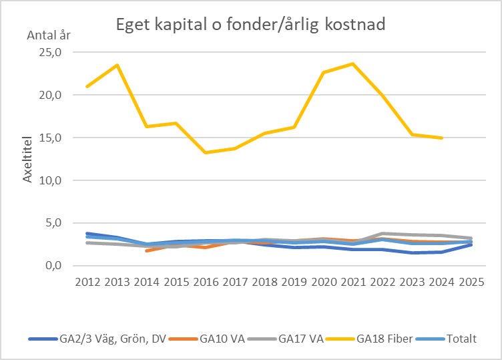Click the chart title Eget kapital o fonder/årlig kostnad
(250, 25)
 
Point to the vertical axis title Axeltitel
(29, 157)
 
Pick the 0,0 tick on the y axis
(52, 266)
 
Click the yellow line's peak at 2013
(117, 65)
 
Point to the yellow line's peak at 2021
(352, 63)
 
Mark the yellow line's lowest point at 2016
(205, 152)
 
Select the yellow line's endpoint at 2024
(441, 138)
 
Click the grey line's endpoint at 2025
(471, 238)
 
